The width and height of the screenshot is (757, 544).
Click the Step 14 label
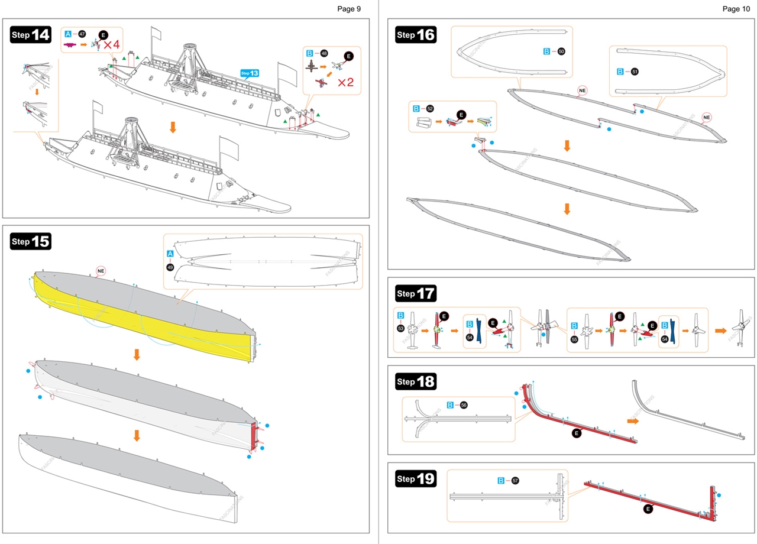pyautogui.click(x=31, y=35)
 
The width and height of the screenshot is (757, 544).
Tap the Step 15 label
pyautogui.click(x=31, y=241)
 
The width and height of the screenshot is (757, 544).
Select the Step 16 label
pyautogui.click(x=415, y=35)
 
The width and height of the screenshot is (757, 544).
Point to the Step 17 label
pyautogui.click(x=415, y=293)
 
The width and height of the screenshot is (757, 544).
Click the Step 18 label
pyautogui.click(x=415, y=381)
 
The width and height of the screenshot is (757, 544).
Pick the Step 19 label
pyautogui.click(x=415, y=478)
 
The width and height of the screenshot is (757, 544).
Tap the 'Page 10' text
pyautogui.click(x=735, y=9)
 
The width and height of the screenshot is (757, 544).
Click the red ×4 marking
pyautogui.click(x=112, y=44)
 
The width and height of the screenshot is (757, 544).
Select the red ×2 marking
pyautogui.click(x=345, y=82)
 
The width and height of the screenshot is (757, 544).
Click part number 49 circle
pyautogui.click(x=170, y=267)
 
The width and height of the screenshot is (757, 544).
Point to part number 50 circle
pyautogui.click(x=561, y=51)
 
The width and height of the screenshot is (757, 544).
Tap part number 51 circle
pyautogui.click(x=635, y=72)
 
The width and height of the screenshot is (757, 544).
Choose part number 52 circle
pyautogui.click(x=430, y=109)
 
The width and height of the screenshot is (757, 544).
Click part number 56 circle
pyautogui.click(x=464, y=405)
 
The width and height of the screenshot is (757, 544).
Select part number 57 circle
pyautogui.click(x=515, y=481)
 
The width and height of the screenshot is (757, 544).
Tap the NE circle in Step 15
pyautogui.click(x=101, y=271)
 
